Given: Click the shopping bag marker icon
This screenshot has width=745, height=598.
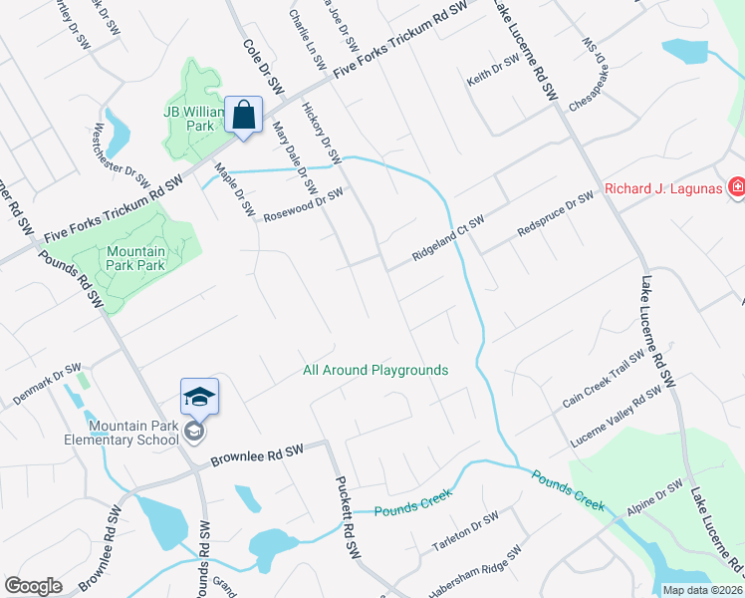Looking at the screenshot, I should [244, 116].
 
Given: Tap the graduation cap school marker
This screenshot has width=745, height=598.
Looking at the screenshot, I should [199, 398].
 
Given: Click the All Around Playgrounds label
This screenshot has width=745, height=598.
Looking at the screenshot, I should [375, 370].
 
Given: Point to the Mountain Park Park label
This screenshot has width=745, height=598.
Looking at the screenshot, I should [135, 259].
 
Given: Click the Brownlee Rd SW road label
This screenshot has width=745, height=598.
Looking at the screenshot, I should [256, 454].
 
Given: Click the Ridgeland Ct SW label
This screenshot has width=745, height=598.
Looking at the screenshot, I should [448, 240].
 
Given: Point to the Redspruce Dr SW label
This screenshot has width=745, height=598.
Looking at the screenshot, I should [555, 215].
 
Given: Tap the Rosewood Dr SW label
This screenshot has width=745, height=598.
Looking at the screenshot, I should [303, 204].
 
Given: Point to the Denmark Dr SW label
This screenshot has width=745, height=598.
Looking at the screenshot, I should [46, 385].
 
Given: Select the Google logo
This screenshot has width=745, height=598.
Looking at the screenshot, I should [33, 586].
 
